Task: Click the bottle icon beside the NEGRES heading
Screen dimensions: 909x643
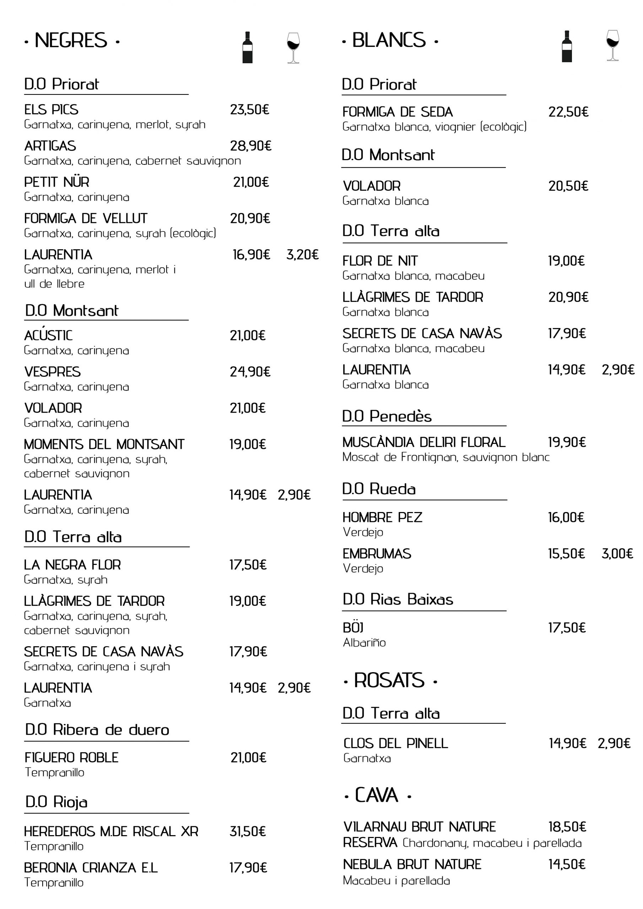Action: (x=247, y=47)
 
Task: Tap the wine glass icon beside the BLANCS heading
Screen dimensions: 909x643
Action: (x=612, y=45)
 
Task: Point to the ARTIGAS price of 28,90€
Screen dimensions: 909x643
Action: (x=250, y=146)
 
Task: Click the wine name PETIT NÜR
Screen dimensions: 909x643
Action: (x=56, y=182)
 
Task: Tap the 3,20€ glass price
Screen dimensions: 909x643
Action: (x=302, y=255)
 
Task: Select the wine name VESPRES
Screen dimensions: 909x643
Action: (x=52, y=372)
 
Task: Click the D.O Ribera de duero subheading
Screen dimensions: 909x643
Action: (x=97, y=729)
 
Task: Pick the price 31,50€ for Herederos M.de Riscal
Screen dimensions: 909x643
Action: (x=248, y=831)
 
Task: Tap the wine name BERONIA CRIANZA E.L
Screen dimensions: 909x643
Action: (x=91, y=867)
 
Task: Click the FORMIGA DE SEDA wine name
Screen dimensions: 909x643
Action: (x=398, y=112)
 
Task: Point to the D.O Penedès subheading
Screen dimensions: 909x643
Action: (x=387, y=416)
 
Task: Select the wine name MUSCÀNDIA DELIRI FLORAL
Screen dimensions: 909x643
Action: (x=423, y=442)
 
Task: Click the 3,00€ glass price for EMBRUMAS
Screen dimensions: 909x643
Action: (x=617, y=554)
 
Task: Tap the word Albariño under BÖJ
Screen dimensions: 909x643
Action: (x=364, y=643)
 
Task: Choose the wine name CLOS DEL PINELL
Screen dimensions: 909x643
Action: (x=395, y=743)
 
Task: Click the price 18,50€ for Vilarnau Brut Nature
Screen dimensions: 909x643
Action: (x=567, y=827)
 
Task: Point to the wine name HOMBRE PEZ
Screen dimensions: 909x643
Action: (x=382, y=517)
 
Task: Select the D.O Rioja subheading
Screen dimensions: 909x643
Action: (x=56, y=802)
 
